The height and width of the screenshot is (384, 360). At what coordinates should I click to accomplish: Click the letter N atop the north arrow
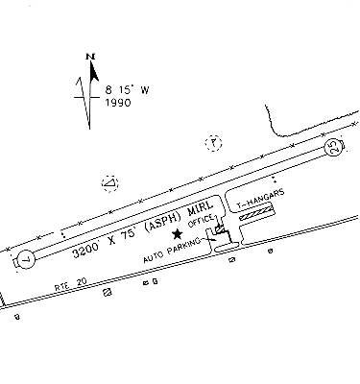(91, 57)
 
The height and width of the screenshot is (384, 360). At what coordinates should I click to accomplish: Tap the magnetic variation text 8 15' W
(127, 90)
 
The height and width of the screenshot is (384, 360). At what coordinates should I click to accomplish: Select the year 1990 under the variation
(118, 103)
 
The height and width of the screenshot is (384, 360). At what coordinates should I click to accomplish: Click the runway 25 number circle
(334, 148)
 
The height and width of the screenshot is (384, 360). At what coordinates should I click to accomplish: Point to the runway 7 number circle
(26, 259)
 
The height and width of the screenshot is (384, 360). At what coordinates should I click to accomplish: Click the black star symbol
(177, 234)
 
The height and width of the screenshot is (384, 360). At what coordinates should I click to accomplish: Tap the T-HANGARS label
(260, 199)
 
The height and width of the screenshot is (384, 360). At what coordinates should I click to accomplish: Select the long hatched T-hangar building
(256, 213)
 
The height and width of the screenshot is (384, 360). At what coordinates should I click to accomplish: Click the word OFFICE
(201, 221)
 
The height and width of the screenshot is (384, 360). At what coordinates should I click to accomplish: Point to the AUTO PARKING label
(172, 251)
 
